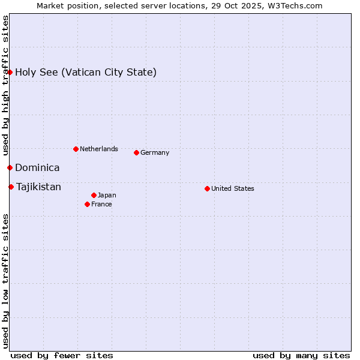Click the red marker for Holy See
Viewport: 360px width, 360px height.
[x=10, y=73]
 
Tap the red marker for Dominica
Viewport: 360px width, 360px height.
[x=10, y=167]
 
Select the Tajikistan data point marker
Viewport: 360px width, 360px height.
[x=11, y=187]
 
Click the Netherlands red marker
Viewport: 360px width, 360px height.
[x=76, y=149]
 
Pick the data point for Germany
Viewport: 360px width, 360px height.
[x=136, y=152]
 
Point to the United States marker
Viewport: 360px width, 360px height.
[x=207, y=188]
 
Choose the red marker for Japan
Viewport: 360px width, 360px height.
[x=94, y=195]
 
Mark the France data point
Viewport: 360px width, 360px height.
[x=88, y=204]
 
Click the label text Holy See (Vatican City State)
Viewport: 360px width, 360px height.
[x=86, y=73]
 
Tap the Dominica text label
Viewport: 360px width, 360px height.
[x=37, y=168]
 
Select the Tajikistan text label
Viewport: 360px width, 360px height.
[x=38, y=187]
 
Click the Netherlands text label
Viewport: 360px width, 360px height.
[x=98, y=149]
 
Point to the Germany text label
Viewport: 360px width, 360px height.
[x=155, y=152]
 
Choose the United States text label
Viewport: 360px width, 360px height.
[x=232, y=188]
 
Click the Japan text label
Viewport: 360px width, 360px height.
[x=107, y=195]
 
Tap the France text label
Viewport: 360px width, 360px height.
[x=101, y=204]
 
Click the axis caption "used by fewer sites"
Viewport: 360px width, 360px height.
[x=62, y=355]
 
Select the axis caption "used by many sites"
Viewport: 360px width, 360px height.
[x=301, y=355]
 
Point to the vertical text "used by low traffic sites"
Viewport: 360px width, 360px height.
[x=6, y=280]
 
